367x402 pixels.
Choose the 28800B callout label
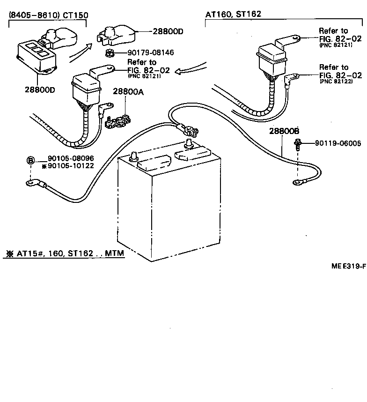pyautogui.click(x=284, y=131)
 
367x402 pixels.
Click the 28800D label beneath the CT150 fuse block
pyautogui.click(x=40, y=89)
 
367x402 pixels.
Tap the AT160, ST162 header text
pyautogui.click(x=233, y=15)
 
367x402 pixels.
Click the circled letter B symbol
pyautogui.click(x=30, y=161)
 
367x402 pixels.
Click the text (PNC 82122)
pyautogui.click(x=334, y=81)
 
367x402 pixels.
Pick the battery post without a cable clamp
pyautogui.click(x=134, y=155)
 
